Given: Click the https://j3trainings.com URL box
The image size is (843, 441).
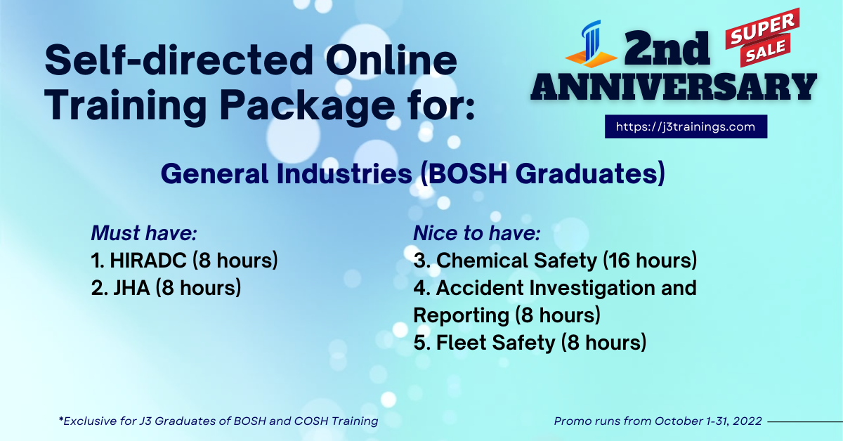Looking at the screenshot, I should tap(686, 127).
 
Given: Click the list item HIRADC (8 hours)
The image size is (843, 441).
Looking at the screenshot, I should tap(185, 261).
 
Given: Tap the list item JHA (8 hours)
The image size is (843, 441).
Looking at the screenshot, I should tap(166, 287).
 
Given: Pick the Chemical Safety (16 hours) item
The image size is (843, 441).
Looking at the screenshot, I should tap(555, 261).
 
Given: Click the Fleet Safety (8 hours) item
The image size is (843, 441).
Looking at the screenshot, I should tap(530, 343).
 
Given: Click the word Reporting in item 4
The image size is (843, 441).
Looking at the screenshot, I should tap(460, 315).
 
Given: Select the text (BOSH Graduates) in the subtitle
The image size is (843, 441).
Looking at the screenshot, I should tap(542, 173).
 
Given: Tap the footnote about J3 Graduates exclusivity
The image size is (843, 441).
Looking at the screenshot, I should tap(218, 421).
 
